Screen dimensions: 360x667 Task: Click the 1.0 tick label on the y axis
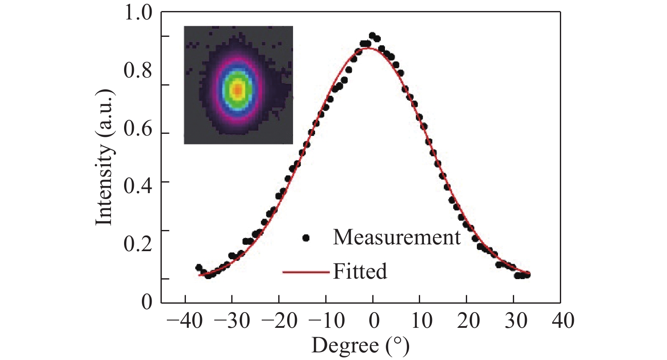click(x=138, y=13)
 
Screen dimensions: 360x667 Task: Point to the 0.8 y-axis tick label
click(x=138, y=71)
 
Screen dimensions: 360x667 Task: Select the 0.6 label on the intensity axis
click(x=138, y=129)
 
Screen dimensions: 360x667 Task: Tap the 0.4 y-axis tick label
click(x=138, y=186)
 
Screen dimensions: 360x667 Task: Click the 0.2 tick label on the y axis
click(x=138, y=244)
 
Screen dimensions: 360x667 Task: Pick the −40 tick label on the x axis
click(x=185, y=321)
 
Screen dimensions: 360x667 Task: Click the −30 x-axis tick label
click(x=232, y=321)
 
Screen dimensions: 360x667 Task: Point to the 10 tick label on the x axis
click(x=422, y=321)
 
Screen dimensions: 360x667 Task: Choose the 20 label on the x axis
click(x=468, y=321)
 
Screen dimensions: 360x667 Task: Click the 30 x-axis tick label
click(x=516, y=321)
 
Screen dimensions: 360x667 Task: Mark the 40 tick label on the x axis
click(x=563, y=321)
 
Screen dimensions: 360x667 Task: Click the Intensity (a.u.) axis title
click(x=104, y=158)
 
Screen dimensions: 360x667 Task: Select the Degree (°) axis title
click(x=360, y=346)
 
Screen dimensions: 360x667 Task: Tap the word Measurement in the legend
click(x=396, y=237)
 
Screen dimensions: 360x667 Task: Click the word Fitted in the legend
click(x=360, y=271)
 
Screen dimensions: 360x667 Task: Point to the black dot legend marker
click(x=306, y=238)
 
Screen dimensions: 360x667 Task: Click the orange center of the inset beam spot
click(x=238, y=89)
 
